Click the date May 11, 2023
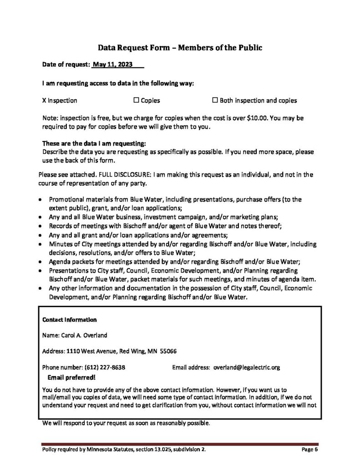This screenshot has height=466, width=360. coord(113,65)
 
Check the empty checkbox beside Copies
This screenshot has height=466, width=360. coord(136,100)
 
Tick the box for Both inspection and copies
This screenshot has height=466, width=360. coord(215,100)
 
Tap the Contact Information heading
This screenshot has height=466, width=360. coord(69,319)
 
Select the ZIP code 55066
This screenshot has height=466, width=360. coord(167,351)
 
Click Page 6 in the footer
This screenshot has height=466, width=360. coord(309,450)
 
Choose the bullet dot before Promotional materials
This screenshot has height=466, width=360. coord(42,200)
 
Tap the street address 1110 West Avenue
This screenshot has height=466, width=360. coord(92,351)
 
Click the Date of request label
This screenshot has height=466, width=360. coord(66,65)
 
